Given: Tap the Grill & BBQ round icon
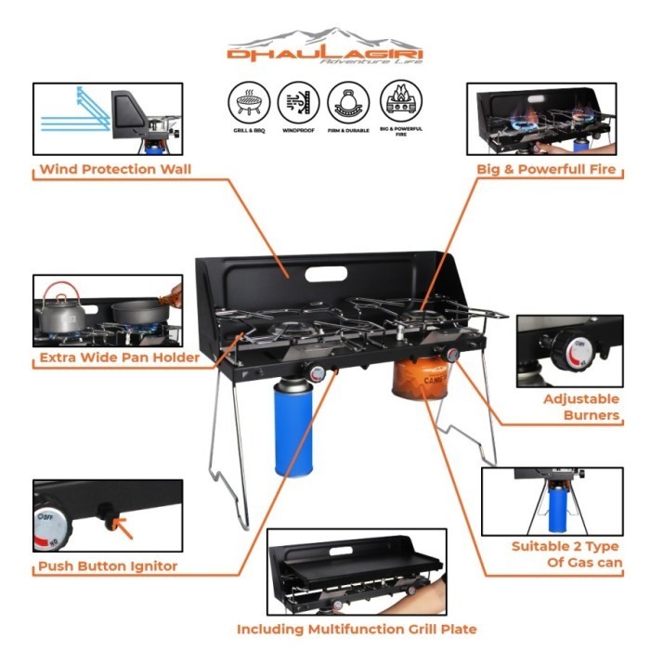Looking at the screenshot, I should (247, 101).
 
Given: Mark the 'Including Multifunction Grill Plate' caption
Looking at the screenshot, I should (357, 629).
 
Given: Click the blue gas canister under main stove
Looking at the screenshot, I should (291, 428).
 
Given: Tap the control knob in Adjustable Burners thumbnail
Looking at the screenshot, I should (568, 351).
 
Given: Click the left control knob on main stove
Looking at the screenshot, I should (317, 373).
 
